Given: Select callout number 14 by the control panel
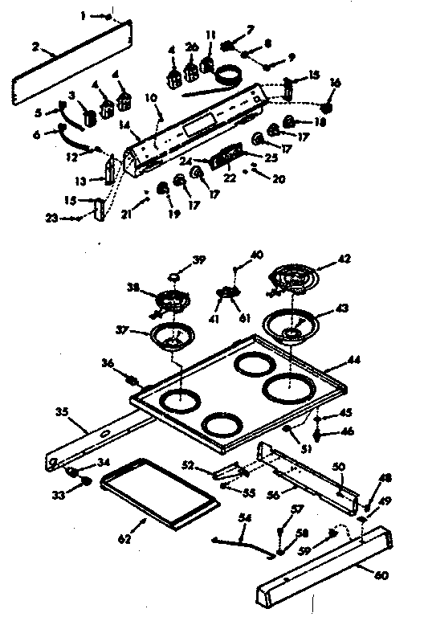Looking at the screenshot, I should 123,125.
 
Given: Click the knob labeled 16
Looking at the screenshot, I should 327,107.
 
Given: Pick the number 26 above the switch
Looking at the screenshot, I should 190,48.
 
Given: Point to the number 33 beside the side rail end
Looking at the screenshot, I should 57,495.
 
